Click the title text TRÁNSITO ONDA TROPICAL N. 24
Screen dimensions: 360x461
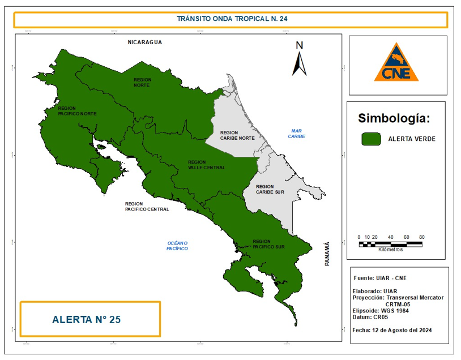pos(232,19)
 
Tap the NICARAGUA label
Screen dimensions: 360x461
pos(145,42)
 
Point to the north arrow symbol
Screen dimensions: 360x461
pos(300,59)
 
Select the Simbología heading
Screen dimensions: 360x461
pos(394,118)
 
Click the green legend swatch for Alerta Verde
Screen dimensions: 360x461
pos(371,139)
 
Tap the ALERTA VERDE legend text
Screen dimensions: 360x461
pos(412,139)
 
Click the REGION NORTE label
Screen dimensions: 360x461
pos(142,82)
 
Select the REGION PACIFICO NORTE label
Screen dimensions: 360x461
pos(77,110)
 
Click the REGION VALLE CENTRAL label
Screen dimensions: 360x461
pos(206,165)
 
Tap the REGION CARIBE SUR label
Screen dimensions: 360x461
pos(270,189)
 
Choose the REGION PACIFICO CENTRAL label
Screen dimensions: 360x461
pos(147,206)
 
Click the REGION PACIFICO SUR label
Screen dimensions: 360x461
pos(270,244)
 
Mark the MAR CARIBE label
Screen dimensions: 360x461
pos(296,134)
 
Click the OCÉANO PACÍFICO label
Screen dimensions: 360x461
pos(177,246)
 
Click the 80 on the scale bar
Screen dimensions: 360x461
pos(421,237)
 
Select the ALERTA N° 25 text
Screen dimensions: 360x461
pos(86,319)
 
